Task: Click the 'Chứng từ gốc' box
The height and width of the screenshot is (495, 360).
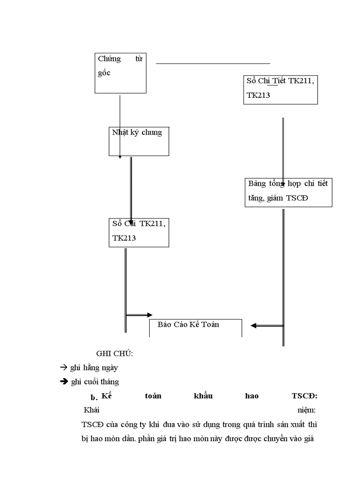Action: click(x=120, y=73)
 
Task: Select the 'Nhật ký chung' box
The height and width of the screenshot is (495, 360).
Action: click(x=139, y=141)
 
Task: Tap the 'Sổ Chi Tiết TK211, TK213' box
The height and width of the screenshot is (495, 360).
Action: click(x=280, y=89)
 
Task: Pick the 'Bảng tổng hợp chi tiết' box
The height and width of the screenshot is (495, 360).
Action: click(x=288, y=192)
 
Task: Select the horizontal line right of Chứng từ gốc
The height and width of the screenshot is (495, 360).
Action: click(x=213, y=64)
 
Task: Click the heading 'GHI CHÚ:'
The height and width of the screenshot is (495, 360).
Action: click(x=115, y=354)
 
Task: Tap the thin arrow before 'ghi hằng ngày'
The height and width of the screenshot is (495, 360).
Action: click(x=63, y=367)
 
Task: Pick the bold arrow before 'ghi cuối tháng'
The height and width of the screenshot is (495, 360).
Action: click(x=64, y=382)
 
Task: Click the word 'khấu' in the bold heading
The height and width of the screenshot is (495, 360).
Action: click(x=203, y=396)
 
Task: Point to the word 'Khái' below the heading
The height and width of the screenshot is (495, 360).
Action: click(x=92, y=410)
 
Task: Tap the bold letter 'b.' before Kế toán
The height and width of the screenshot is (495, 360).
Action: click(x=94, y=397)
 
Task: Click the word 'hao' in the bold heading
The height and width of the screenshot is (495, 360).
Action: click(x=251, y=396)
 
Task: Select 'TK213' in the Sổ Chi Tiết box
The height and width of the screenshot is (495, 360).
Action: click(x=259, y=95)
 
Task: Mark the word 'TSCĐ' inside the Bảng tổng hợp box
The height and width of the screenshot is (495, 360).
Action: click(x=297, y=198)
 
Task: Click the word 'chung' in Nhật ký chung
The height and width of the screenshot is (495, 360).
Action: click(x=152, y=132)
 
